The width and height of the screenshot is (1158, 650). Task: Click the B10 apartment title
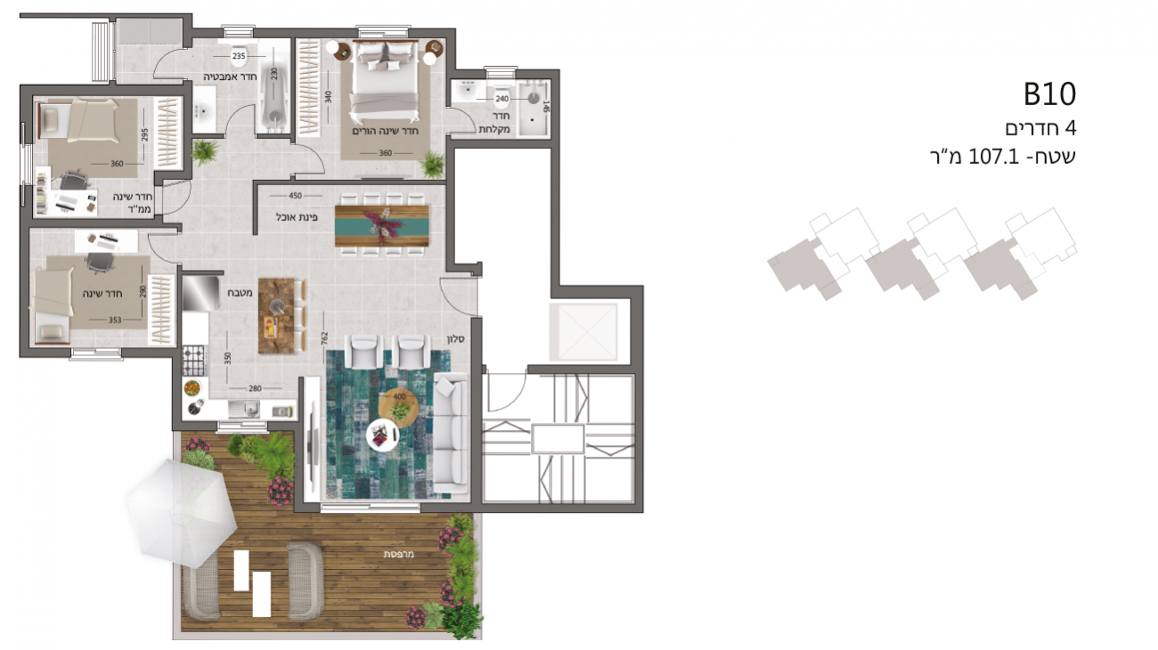(x=1049, y=94)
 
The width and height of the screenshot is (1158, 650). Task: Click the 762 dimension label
(x=324, y=338)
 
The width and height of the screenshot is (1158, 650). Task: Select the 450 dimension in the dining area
(x=295, y=196)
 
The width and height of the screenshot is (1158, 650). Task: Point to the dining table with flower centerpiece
(x=381, y=226)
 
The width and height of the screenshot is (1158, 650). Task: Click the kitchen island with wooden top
(x=276, y=316)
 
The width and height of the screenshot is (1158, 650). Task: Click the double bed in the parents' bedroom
(x=385, y=82)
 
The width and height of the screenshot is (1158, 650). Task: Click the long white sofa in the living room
(x=451, y=432)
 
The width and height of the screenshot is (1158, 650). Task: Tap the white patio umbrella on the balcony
(x=182, y=512)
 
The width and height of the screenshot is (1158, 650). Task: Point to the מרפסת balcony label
(x=398, y=554)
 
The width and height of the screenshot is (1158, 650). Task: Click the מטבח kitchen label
(x=240, y=292)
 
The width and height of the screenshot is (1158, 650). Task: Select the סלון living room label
(x=456, y=339)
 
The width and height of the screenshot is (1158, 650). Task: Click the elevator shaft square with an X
(x=583, y=332)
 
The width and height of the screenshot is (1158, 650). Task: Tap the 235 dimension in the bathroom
(x=239, y=56)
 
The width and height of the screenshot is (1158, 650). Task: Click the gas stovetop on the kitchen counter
(x=193, y=361)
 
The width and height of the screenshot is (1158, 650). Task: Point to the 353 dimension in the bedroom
(x=115, y=320)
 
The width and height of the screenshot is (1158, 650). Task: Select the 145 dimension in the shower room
(x=546, y=107)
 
